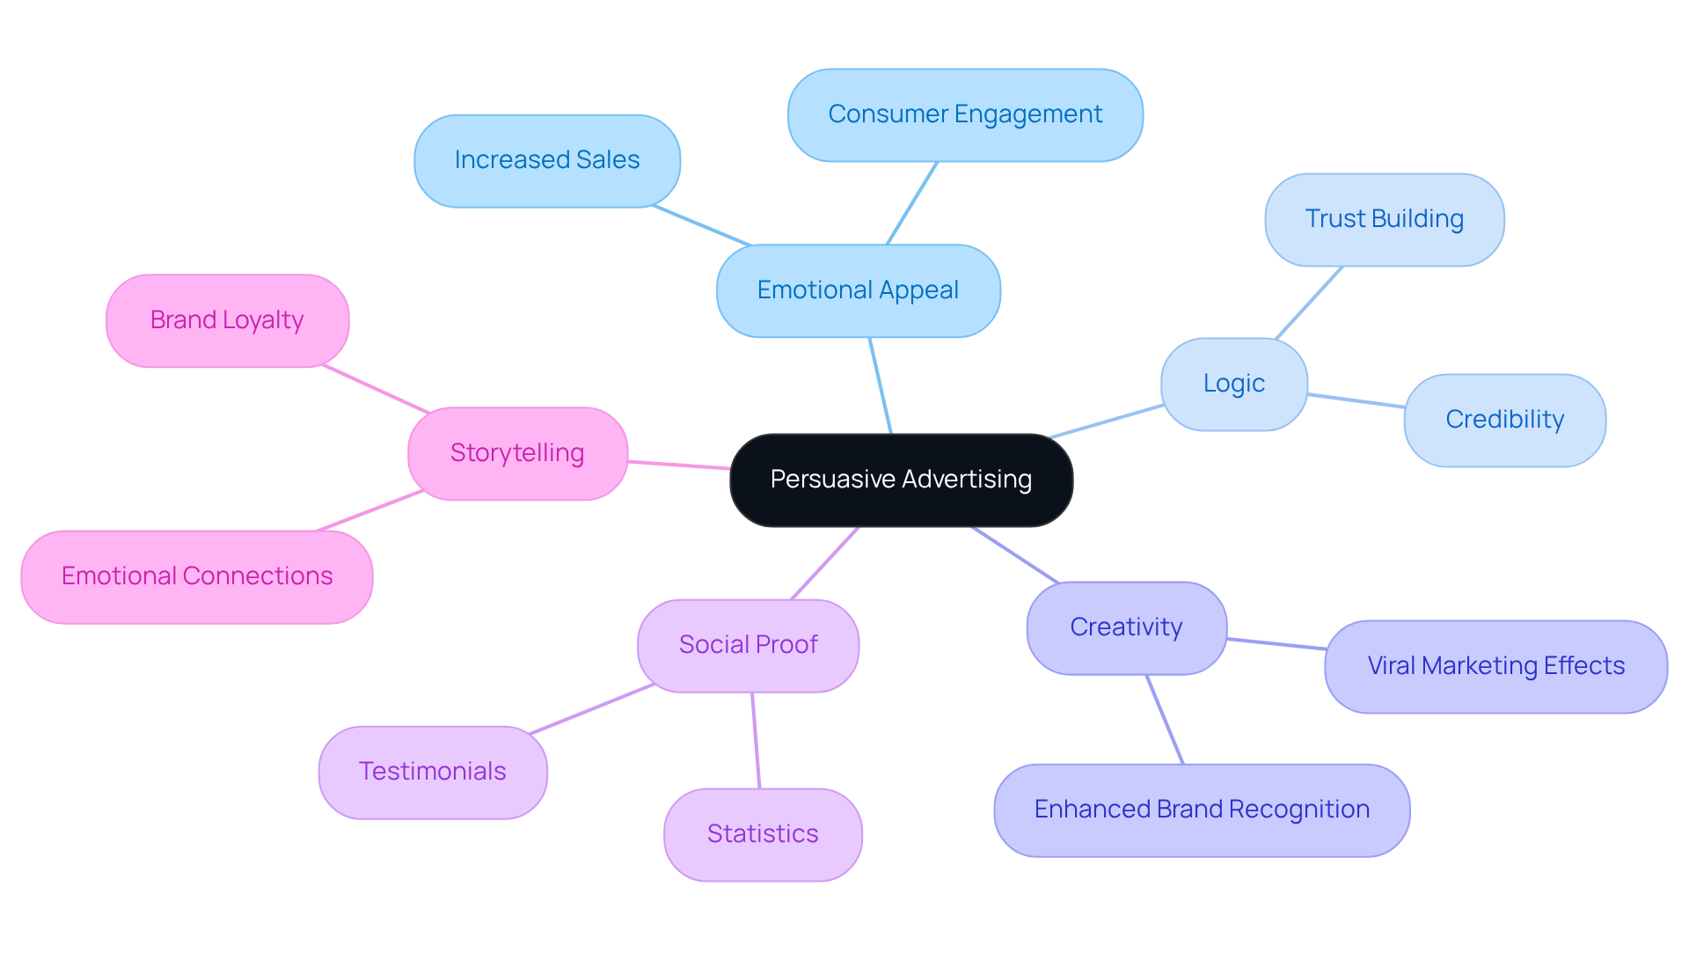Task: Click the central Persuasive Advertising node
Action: [901, 480]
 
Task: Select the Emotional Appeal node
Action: [858, 290]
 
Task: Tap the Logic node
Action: [1233, 384]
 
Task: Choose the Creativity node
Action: [1126, 627]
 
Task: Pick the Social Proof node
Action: [748, 645]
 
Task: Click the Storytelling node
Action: [517, 453]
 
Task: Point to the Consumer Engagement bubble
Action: [965, 114]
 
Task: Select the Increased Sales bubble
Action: [546, 160]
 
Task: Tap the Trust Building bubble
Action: [1384, 219]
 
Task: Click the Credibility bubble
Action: [1504, 420]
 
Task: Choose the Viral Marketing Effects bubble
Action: [1495, 666]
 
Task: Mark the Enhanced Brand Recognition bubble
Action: [1202, 810]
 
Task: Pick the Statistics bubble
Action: [763, 834]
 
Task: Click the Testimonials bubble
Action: [432, 772]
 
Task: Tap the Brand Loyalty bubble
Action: [227, 320]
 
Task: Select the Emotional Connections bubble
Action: [196, 576]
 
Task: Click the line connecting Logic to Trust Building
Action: [1309, 303]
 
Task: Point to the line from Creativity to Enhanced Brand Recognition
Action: [1165, 719]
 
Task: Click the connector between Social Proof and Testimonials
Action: [591, 708]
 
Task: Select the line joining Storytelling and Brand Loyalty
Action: [376, 388]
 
